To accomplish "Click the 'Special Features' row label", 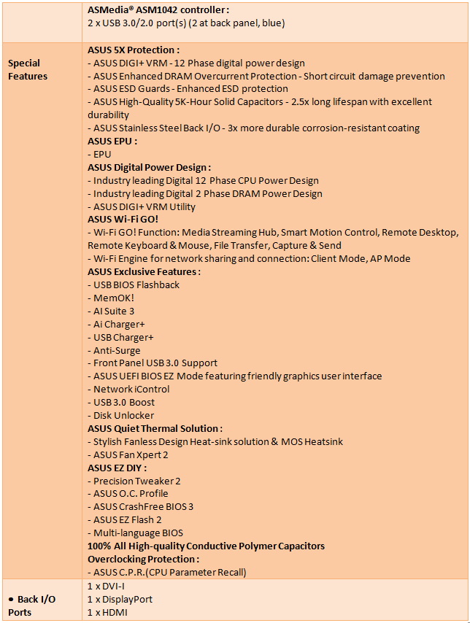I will point(28,69).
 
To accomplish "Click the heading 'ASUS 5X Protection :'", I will point(134,50).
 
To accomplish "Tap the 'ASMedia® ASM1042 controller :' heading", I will point(158,10).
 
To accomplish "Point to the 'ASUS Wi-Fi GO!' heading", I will point(123,219).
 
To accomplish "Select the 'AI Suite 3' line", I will point(113,311).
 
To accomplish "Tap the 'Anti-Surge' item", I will point(116,350).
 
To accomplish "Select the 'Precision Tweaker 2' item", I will point(136,481).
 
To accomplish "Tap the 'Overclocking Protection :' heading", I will point(144,559).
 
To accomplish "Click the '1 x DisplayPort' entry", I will point(120,599).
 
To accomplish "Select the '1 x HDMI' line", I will point(107,612).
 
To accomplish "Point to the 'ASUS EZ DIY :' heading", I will point(117,468).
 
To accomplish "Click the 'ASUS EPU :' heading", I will point(112,141).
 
